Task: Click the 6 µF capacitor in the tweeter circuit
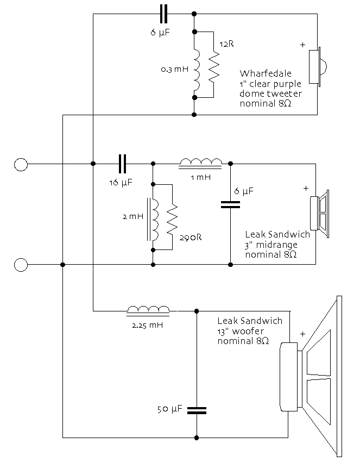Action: pyautogui.click(x=163, y=14)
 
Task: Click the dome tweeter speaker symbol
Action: pyautogui.click(x=318, y=67)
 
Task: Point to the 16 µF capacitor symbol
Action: pyautogui.click(x=122, y=164)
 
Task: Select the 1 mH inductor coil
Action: pyautogui.click(x=200, y=163)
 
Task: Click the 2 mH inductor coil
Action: pyautogui.click(x=153, y=220)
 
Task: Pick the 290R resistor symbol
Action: pyautogui.click(x=172, y=220)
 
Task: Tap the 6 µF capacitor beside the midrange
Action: pyautogui.click(x=230, y=205)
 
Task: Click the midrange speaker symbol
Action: pyautogui.click(x=320, y=214)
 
